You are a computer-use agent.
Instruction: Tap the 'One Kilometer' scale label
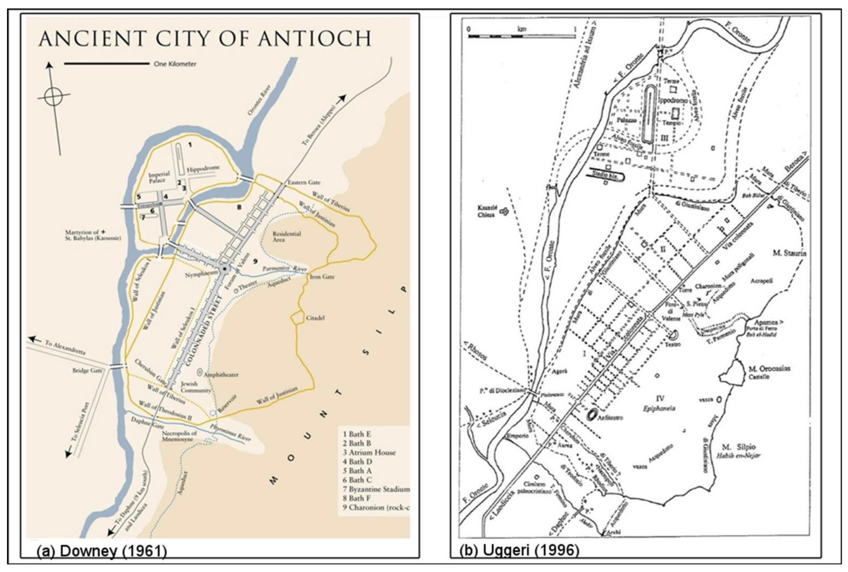click(x=175, y=64)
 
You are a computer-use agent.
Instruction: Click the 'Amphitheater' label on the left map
click(x=221, y=375)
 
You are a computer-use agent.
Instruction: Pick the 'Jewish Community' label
click(x=196, y=387)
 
